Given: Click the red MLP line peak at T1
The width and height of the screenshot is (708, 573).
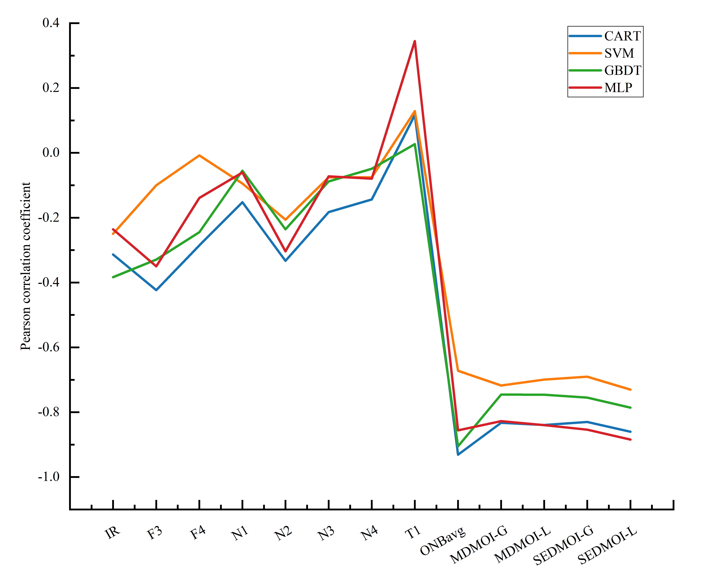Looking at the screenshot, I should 415,41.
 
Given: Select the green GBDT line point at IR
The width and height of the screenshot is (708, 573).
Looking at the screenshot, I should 113,277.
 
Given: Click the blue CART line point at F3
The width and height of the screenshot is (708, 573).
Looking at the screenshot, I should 156,290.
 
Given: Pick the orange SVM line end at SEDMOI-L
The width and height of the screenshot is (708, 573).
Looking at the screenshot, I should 630,389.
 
